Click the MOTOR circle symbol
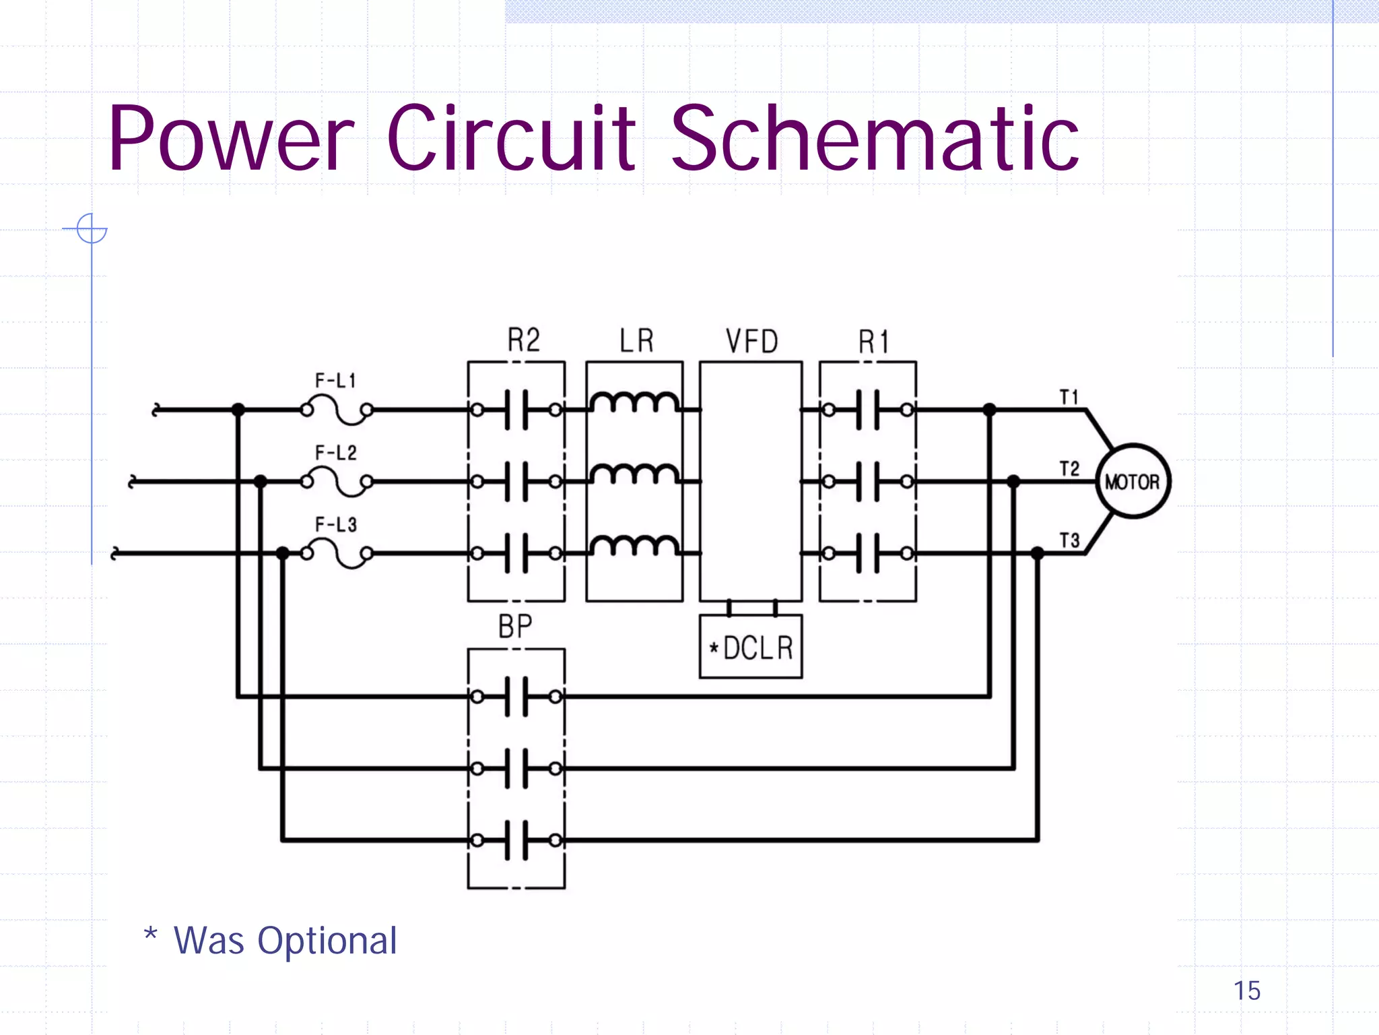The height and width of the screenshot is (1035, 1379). pyautogui.click(x=1133, y=481)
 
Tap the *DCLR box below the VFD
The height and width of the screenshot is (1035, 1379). pyautogui.click(x=751, y=647)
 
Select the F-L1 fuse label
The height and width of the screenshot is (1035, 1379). pyautogui.click(x=335, y=381)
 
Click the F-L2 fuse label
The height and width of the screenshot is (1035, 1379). pyautogui.click(x=335, y=453)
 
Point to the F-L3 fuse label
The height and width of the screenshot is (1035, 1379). pyautogui.click(x=335, y=524)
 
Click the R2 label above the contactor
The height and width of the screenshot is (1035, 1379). pyautogui.click(x=523, y=340)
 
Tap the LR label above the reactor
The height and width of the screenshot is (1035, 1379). pyautogui.click(x=636, y=340)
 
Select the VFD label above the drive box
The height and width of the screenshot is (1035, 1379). pyautogui.click(x=751, y=342)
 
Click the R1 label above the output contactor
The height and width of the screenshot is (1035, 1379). pyautogui.click(x=873, y=342)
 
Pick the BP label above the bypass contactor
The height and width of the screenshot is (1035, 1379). pyautogui.click(x=515, y=627)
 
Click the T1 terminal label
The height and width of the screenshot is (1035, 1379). pyautogui.click(x=1069, y=397)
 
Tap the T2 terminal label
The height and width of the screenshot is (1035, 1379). pyautogui.click(x=1069, y=468)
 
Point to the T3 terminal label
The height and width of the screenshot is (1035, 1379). pyautogui.click(x=1069, y=540)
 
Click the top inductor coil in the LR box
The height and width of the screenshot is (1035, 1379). pyautogui.click(x=634, y=403)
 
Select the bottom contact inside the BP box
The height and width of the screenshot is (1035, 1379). pyautogui.click(x=516, y=840)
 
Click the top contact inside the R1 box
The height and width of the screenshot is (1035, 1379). pyautogui.click(x=867, y=410)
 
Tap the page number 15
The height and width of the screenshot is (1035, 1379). pyautogui.click(x=1246, y=991)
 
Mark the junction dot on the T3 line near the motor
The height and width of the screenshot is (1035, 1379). pyautogui.click(x=1038, y=553)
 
